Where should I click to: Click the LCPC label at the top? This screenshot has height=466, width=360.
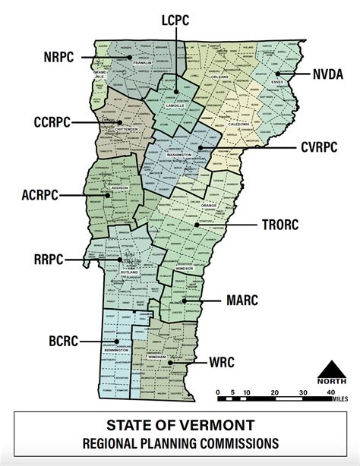175,20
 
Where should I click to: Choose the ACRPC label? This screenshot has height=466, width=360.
38,194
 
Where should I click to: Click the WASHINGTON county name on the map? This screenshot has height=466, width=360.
179,154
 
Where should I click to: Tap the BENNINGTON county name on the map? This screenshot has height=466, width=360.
119,350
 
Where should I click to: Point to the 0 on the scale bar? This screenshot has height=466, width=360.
217,392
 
